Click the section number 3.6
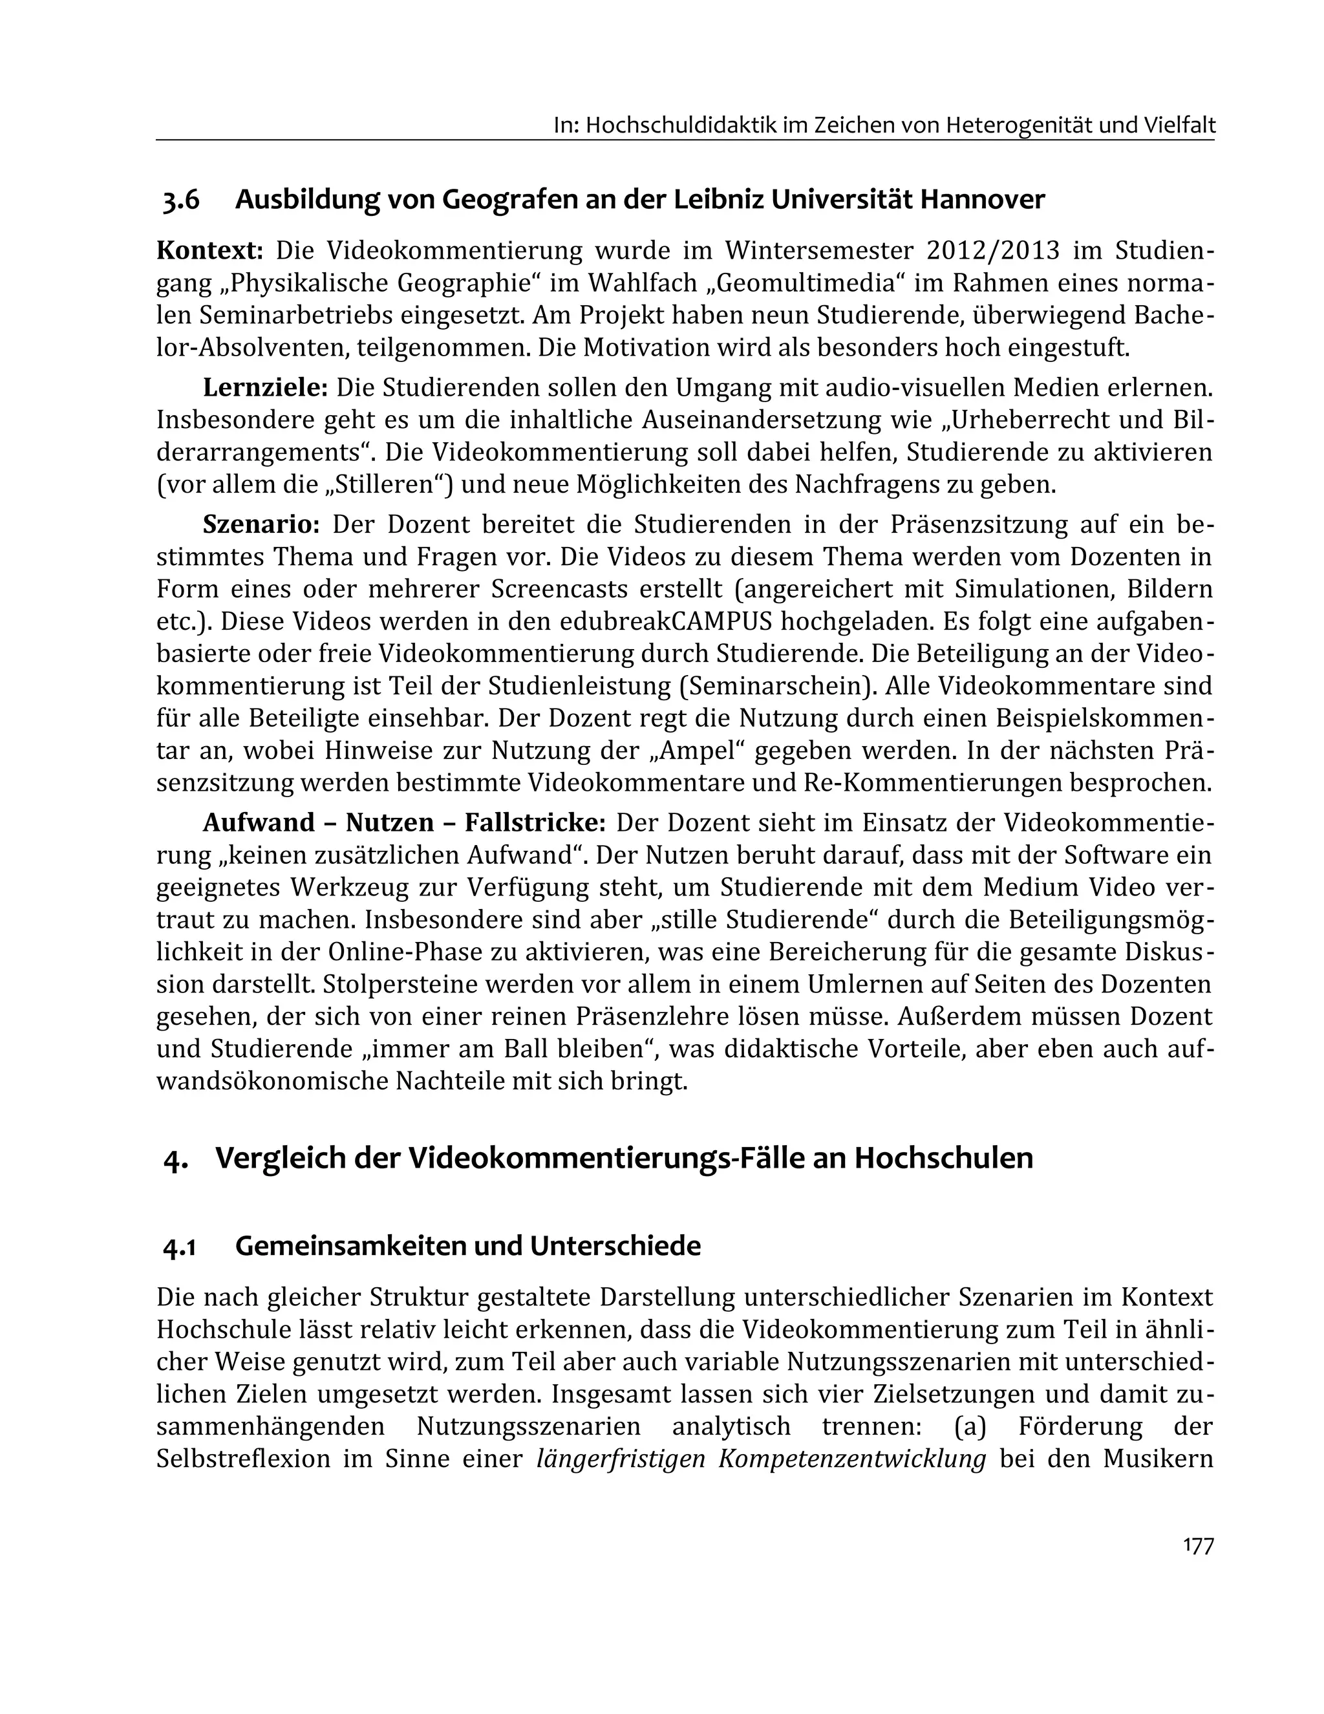tap(181, 200)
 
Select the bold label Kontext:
tap(209, 251)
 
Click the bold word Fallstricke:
tap(535, 822)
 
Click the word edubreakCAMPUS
tap(667, 621)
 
